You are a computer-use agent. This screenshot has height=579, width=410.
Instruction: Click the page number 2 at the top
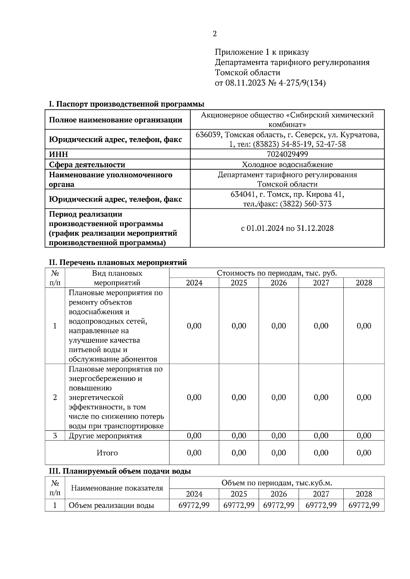(215, 34)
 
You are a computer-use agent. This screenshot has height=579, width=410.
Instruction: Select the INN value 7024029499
(287, 154)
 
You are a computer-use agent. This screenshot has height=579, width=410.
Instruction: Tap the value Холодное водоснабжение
(287, 165)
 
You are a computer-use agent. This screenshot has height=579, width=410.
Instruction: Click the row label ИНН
(59, 154)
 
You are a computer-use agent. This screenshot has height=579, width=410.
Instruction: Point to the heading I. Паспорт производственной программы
(126, 104)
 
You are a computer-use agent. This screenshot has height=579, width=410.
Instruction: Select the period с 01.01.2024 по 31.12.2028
(287, 228)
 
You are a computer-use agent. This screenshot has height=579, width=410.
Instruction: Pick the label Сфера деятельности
(87, 165)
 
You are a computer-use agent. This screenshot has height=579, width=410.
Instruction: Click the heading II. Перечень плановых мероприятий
(118, 263)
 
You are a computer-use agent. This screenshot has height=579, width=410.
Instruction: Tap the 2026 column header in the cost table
(279, 283)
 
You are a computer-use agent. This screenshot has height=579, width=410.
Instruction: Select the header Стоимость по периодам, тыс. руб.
(277, 273)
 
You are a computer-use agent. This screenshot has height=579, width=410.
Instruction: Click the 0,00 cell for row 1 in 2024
(194, 326)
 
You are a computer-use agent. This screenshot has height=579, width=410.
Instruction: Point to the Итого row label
(107, 453)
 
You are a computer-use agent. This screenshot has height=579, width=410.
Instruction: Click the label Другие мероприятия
(105, 436)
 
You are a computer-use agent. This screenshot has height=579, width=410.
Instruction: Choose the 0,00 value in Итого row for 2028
(364, 453)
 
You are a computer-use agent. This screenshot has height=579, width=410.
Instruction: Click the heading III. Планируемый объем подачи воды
(120, 471)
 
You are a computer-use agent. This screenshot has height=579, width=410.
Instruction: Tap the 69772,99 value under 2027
(321, 505)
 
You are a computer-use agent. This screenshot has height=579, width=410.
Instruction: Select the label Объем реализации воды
(111, 505)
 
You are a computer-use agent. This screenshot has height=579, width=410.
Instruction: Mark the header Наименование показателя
(117, 488)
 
